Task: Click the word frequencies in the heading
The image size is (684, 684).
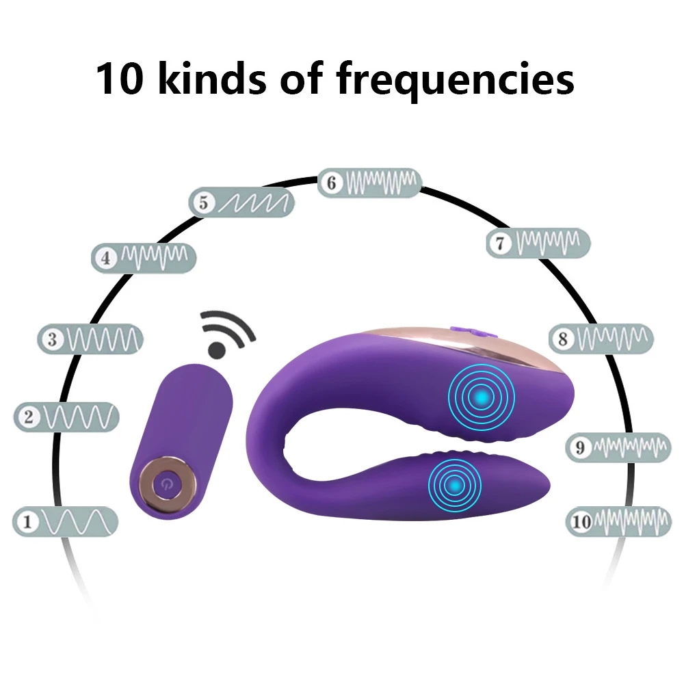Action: coord(454,79)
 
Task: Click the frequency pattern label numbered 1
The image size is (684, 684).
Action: coord(66,523)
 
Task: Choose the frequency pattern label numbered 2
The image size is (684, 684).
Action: coord(66,417)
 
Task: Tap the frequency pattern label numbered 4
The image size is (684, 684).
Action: coord(144,258)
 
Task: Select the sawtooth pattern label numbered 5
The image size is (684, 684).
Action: coord(241,202)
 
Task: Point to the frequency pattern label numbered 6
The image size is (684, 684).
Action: coord(370,182)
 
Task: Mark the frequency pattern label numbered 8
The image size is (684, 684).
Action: coord(602,338)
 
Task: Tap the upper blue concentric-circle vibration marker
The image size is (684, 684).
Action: coord(482,395)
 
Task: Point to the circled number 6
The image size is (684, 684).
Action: coord(332,183)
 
